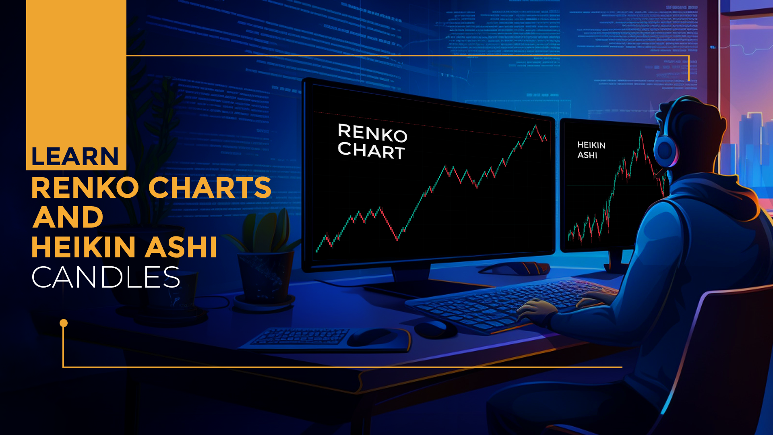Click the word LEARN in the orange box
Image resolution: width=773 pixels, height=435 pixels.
coord(75,156)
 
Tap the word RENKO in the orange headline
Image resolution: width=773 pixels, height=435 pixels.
coord(85,188)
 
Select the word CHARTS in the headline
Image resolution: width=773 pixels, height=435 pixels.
coord(210,188)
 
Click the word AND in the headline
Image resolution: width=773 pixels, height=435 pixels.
coord(68,217)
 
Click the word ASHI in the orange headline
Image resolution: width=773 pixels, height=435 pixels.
coord(181,247)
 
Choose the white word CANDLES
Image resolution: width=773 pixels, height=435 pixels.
coord(105,277)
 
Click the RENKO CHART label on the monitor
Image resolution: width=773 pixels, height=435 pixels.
coord(372,141)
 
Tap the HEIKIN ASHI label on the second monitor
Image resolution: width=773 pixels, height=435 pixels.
coord(591,150)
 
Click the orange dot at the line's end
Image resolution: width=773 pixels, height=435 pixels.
coord(64,323)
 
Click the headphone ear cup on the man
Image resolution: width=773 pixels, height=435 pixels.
coord(665,150)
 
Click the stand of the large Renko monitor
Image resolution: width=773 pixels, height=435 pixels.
coord(411,278)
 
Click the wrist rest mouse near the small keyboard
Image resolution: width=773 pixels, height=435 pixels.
coord(372,336)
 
